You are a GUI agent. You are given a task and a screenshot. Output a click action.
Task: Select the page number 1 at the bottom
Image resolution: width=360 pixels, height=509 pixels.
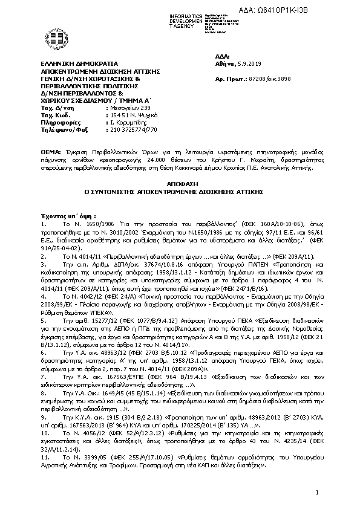pyautogui.click(x=316, y=494)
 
